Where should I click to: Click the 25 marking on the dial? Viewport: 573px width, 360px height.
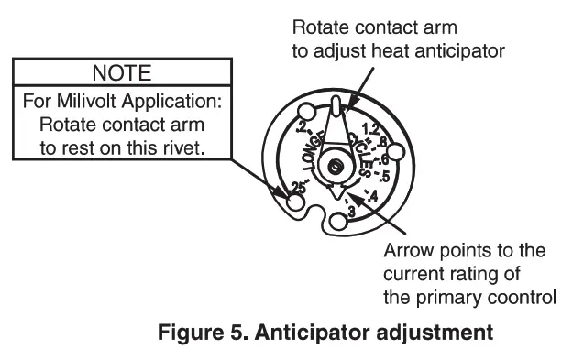(x=295, y=187)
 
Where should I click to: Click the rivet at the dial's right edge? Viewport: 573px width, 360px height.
(x=397, y=153)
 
